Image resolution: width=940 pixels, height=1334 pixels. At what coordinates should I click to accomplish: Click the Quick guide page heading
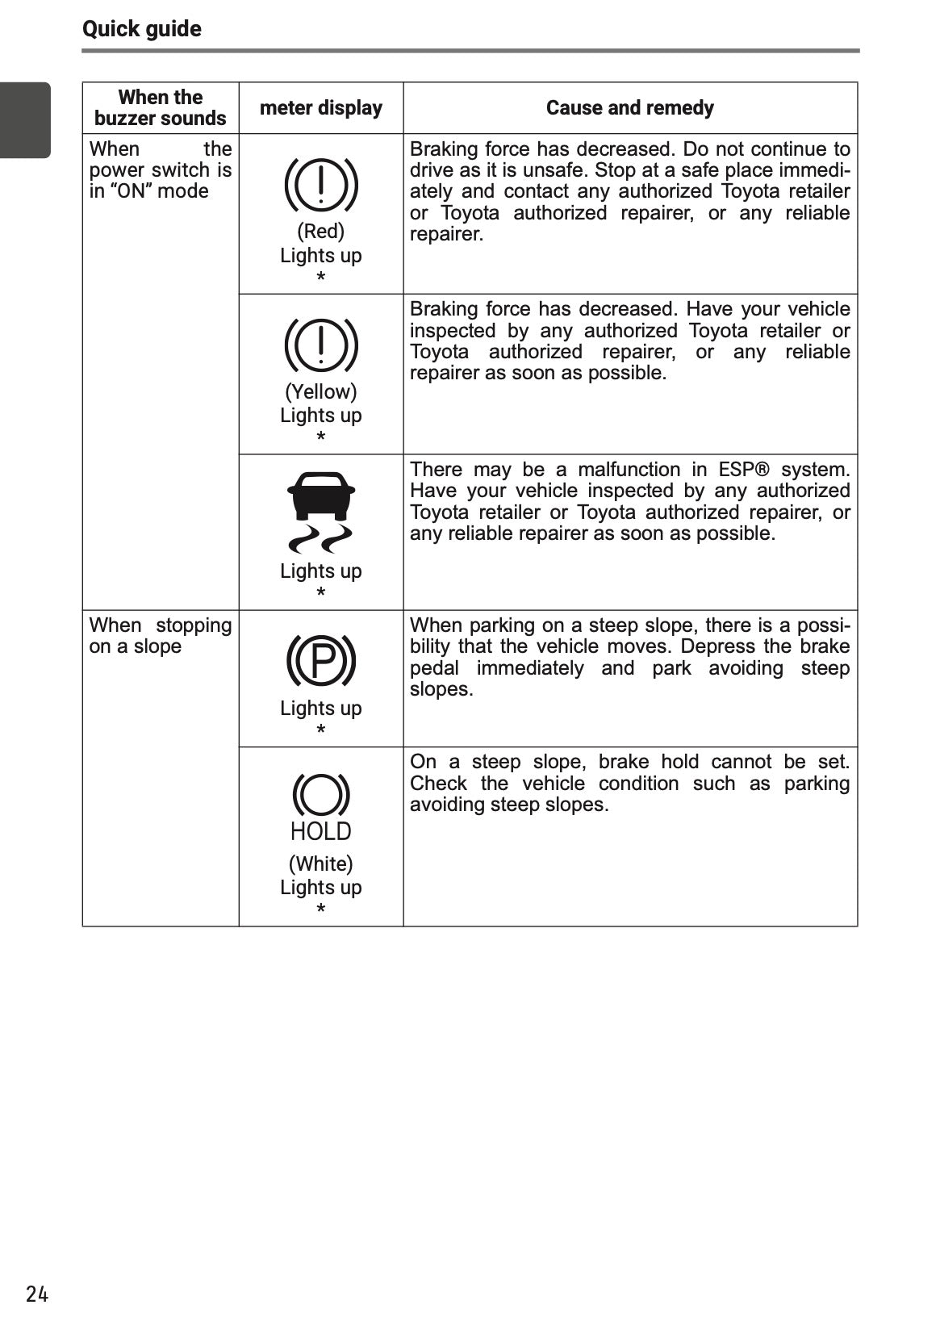point(142,29)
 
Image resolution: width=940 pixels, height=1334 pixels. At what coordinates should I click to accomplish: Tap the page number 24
point(37,1294)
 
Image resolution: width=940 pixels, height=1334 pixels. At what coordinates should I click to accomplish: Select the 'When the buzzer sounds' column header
point(160,107)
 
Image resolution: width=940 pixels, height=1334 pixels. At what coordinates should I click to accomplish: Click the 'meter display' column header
point(321,107)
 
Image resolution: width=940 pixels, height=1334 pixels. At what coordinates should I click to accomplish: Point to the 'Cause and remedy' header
point(629,107)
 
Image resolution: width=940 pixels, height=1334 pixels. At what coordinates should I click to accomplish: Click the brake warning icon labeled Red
point(321,183)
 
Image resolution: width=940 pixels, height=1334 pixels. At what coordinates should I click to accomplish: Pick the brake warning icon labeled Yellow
point(321,343)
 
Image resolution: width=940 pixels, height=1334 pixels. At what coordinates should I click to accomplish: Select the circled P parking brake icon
point(321,659)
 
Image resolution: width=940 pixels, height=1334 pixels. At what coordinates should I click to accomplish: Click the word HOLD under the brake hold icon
point(321,831)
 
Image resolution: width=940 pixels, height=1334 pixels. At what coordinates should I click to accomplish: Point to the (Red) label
point(321,232)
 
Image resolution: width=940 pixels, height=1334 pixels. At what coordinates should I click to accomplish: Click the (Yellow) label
point(321,391)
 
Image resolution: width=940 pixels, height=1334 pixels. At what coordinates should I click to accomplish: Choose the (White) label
point(321,864)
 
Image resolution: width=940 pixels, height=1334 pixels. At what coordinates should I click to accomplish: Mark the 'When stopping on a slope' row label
point(160,636)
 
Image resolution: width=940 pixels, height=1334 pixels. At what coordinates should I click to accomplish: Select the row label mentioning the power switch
point(160,170)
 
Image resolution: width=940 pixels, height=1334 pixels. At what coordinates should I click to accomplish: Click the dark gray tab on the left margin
point(25,120)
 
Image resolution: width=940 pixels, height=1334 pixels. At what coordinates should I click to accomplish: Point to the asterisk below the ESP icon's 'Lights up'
point(321,593)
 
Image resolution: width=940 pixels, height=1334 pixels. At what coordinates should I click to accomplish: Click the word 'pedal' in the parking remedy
point(434,668)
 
